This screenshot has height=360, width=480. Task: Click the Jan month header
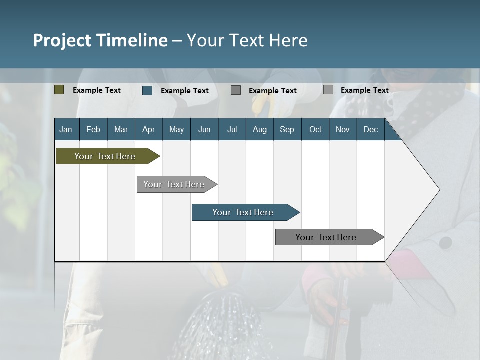tap(66, 129)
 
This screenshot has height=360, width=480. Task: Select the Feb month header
tap(93, 129)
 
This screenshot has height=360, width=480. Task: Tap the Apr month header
tap(148, 129)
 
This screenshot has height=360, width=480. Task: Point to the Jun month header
tap(204, 129)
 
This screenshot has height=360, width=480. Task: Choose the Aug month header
tap(259, 129)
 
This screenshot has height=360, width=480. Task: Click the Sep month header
tap(287, 129)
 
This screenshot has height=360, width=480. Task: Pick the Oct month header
tap(315, 129)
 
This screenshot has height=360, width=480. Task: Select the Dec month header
tap(370, 129)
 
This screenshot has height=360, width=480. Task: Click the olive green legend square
tap(59, 90)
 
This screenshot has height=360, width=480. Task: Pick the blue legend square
tap(147, 90)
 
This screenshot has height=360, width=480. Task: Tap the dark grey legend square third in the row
tap(236, 90)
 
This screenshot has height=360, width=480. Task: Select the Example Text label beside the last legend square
tap(364, 90)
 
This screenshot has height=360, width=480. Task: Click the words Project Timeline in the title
tap(100, 40)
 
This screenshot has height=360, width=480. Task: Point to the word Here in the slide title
tap(288, 40)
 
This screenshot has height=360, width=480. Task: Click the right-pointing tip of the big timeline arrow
tap(438, 190)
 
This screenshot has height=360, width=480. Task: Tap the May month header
tap(176, 129)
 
